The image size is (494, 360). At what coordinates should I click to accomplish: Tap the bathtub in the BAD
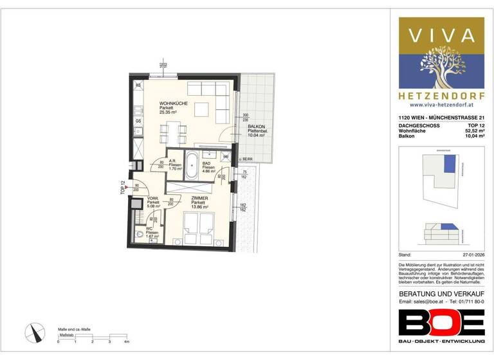click(193, 166)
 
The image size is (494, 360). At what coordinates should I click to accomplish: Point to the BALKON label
click(256, 127)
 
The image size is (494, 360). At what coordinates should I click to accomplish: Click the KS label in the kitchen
click(138, 85)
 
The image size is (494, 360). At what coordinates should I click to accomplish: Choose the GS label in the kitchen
click(138, 120)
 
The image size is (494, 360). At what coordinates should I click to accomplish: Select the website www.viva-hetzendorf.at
click(441, 104)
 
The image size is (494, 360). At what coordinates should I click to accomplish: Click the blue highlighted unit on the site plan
click(450, 163)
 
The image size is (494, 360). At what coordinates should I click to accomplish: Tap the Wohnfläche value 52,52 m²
click(473, 130)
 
